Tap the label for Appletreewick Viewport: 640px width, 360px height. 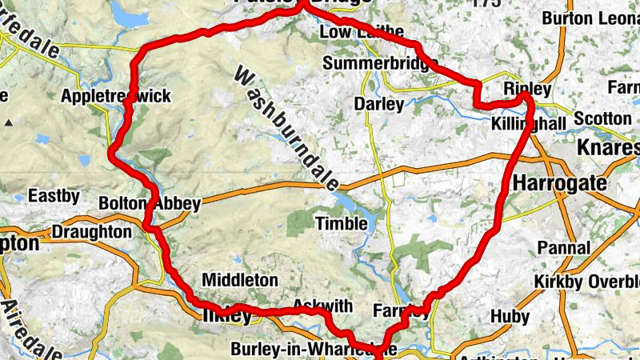116,96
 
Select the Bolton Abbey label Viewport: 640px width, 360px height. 149,204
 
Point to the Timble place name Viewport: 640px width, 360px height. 342,223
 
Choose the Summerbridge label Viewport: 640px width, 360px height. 381,62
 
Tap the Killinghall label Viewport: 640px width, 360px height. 529,123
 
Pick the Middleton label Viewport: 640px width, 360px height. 240,280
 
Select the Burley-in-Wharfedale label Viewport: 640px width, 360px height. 312,349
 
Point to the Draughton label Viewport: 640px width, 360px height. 91,232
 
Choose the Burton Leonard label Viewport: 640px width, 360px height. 591,18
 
